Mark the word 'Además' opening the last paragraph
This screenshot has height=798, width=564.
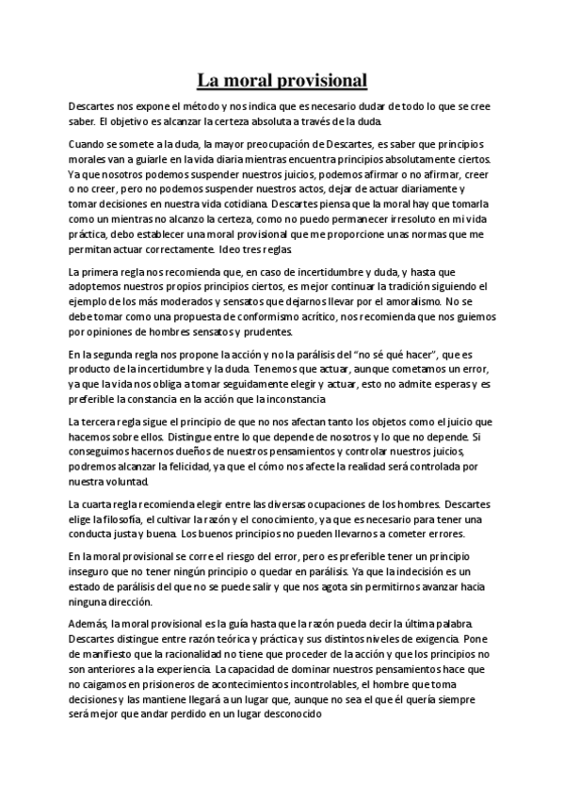88,625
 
